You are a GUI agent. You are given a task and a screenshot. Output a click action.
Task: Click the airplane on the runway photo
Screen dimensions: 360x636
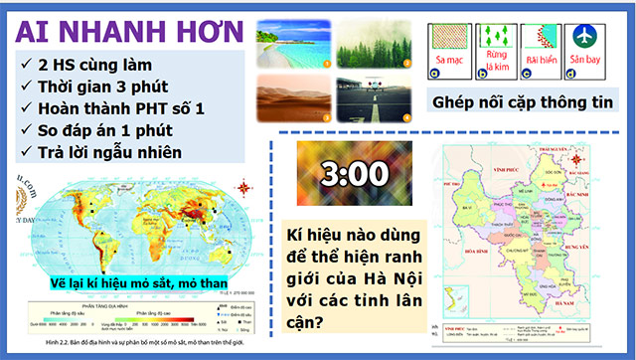(x=370, y=98)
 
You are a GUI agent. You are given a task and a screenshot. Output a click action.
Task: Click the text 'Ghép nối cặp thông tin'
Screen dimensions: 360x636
(x=521, y=101)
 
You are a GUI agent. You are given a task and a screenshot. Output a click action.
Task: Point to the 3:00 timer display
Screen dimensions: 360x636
(x=355, y=174)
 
